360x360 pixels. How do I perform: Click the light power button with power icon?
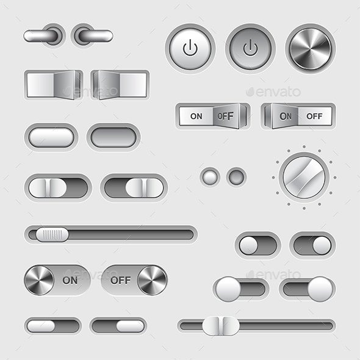click(190, 49)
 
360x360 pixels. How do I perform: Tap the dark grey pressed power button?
click(251, 49)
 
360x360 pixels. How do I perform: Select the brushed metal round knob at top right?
click(311, 49)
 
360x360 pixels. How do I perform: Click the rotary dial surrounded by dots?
click(304, 178)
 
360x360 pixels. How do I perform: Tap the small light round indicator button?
click(210, 177)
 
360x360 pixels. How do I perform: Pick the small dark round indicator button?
click(237, 177)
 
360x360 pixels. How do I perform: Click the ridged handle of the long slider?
click(52, 234)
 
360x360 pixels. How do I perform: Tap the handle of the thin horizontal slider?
click(221, 326)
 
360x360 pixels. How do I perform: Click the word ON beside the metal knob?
click(70, 280)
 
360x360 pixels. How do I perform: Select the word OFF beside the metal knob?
click(121, 280)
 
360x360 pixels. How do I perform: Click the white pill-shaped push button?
click(51, 137)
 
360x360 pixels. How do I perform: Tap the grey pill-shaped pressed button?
click(113, 137)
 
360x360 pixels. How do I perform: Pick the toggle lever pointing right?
click(96, 36)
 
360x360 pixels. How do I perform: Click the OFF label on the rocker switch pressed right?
click(226, 116)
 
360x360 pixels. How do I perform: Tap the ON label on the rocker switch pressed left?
click(286, 117)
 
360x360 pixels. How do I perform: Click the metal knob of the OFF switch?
click(152, 280)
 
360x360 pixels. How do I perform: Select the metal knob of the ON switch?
click(39, 280)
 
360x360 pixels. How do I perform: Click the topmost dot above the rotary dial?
click(304, 146)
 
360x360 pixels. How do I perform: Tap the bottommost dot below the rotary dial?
click(304, 208)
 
